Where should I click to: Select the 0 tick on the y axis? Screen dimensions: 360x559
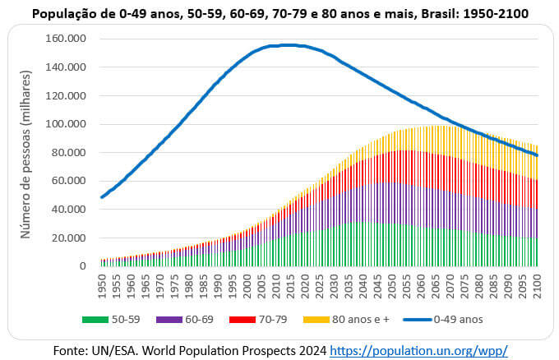coord(82,266)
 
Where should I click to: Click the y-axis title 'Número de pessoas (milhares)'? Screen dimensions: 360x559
coord(25,154)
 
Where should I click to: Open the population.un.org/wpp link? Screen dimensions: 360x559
coord(418,350)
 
